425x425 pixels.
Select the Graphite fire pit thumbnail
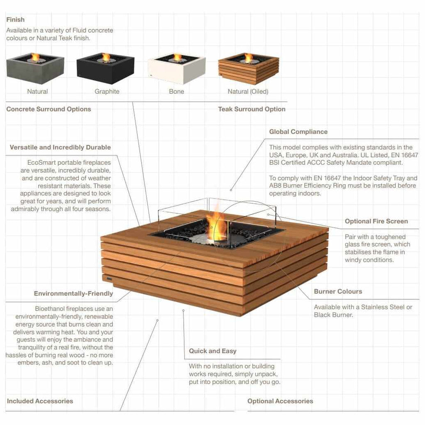point(105,68)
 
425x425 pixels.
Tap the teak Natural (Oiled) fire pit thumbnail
point(249,68)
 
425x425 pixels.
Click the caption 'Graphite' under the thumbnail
point(107,91)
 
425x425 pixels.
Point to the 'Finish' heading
point(15,20)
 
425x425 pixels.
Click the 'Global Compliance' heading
point(298,132)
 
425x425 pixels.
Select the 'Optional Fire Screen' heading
point(376,221)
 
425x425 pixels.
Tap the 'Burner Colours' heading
point(338,291)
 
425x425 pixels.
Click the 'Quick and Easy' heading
point(212,351)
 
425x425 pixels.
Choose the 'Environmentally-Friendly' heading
point(73,294)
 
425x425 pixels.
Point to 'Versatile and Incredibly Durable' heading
point(60,147)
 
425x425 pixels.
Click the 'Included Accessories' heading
point(40,401)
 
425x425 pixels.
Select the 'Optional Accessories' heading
point(280,401)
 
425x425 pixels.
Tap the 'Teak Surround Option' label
point(252,109)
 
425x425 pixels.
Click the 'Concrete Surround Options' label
point(49,109)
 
